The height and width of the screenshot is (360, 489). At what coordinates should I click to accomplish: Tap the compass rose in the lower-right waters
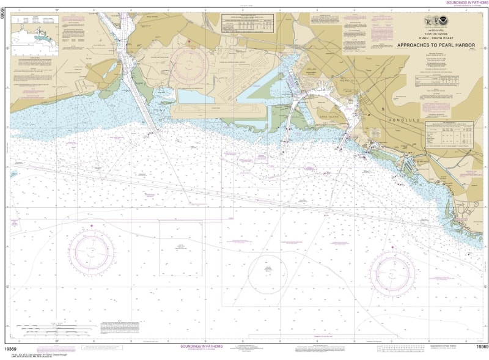tap(392, 272)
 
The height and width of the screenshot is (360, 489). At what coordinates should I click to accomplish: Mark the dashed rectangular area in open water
tap(181, 248)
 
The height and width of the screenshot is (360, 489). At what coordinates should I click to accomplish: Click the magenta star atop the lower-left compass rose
tap(92, 226)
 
